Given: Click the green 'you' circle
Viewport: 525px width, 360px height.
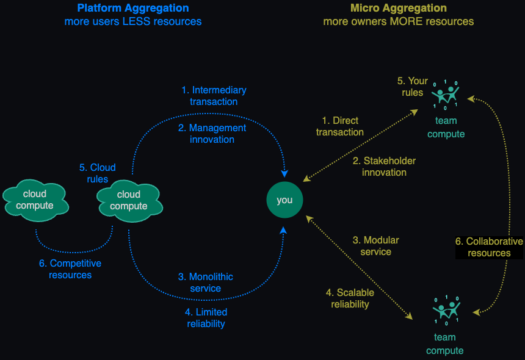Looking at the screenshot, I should pos(284,200).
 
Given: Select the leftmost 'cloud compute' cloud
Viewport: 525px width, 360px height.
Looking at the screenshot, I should pos(35,200).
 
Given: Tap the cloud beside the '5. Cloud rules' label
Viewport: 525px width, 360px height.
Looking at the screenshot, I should pos(129,200).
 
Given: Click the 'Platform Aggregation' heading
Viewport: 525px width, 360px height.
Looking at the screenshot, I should pos(133,9).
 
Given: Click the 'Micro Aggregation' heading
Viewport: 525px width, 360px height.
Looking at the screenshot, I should pos(398,9).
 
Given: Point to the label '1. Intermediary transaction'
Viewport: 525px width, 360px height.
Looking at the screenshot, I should pos(214,96).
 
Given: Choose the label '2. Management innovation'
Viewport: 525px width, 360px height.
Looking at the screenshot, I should pos(212,134).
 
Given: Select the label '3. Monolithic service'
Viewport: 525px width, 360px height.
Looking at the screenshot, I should pos(206,283).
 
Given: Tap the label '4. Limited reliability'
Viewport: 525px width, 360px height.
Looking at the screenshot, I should pos(206,318).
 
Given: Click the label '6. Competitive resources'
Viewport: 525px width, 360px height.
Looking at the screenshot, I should pos(70,269).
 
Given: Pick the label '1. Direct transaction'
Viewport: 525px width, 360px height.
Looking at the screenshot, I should pos(340,126).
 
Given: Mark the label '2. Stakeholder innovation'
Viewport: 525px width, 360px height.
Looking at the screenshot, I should pos(384,167).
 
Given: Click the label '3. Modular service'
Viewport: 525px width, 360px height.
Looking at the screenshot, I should pos(376,246).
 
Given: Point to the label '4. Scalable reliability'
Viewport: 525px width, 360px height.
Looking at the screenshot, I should pos(350,298).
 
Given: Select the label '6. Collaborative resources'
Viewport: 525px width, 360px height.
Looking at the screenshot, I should pos(489,247).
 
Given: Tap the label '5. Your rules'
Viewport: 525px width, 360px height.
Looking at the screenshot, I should pos(413,87).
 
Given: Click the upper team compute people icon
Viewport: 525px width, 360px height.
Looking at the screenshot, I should pos(446,94).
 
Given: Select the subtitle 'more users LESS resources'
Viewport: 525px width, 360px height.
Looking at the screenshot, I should pos(133,22).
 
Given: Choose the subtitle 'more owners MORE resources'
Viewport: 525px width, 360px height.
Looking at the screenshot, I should pos(398,22).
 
